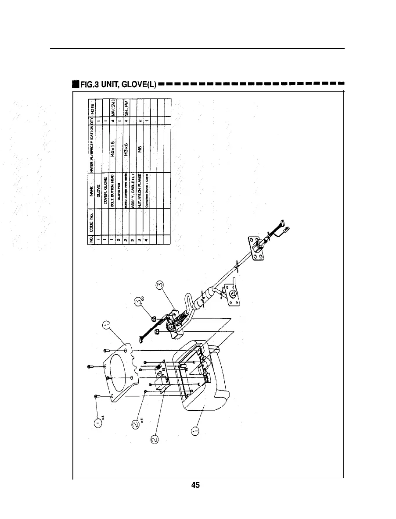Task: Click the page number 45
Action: point(196,485)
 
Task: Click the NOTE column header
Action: point(92,108)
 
